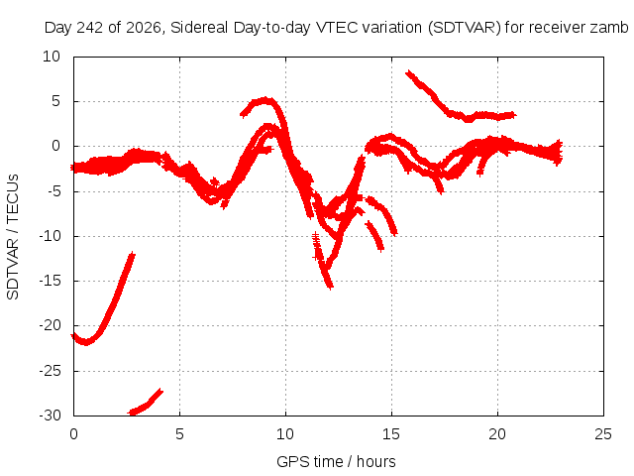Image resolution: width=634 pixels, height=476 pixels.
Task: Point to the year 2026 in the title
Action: click(x=143, y=28)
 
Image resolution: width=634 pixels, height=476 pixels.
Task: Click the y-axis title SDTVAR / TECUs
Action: click(x=13, y=237)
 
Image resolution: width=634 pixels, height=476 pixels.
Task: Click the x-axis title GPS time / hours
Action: click(x=336, y=461)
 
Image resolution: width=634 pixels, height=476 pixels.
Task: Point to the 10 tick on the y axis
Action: click(x=52, y=57)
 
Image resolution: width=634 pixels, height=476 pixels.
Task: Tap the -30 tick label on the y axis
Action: click(x=51, y=416)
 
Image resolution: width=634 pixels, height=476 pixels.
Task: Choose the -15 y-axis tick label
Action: click(x=51, y=281)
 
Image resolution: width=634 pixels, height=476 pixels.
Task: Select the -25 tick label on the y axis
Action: click(x=51, y=370)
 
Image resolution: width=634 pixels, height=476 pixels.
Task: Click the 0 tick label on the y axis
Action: click(x=55, y=146)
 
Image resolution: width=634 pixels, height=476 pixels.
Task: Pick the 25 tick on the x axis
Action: click(x=603, y=434)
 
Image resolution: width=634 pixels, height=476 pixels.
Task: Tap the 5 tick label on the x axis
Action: click(x=179, y=434)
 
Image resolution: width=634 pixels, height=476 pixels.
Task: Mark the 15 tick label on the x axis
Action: click(x=391, y=434)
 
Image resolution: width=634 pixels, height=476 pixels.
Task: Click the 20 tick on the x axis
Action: click(x=497, y=434)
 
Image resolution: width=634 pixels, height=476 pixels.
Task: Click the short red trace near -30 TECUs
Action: click(x=145, y=404)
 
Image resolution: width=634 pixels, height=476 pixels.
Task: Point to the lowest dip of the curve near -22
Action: click(x=86, y=342)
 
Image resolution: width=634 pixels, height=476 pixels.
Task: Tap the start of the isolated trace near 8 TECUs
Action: click(x=408, y=72)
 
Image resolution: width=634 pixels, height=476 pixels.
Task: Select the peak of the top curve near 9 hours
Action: click(x=264, y=99)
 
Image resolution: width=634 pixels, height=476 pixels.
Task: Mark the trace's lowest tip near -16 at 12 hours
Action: click(x=331, y=287)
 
